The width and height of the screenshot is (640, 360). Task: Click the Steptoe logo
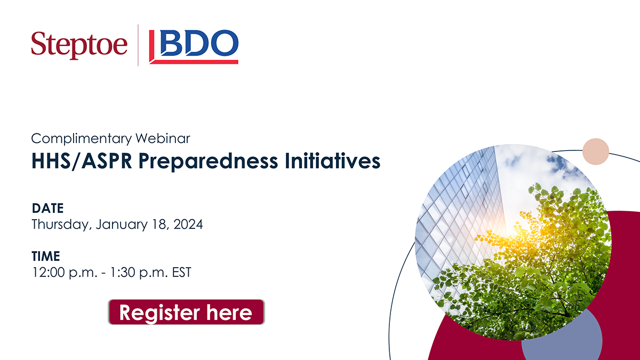click(x=79, y=45)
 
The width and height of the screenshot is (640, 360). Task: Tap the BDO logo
click(x=194, y=46)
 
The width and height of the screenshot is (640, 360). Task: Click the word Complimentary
click(x=82, y=139)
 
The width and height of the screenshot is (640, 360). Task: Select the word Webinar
click(x=163, y=138)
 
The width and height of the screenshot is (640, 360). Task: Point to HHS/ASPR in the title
click(x=82, y=161)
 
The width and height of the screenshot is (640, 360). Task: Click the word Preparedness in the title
click(x=208, y=162)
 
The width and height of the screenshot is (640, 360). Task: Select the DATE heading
click(x=47, y=209)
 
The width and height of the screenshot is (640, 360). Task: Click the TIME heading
click(x=46, y=256)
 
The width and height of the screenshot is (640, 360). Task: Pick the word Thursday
click(x=62, y=225)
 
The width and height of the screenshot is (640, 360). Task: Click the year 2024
click(x=188, y=225)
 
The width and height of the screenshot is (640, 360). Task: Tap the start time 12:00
click(x=49, y=273)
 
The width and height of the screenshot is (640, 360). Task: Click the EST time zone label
click(x=181, y=273)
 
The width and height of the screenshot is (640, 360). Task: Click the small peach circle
click(x=596, y=151)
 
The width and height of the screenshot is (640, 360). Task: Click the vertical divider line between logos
click(x=138, y=45)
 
